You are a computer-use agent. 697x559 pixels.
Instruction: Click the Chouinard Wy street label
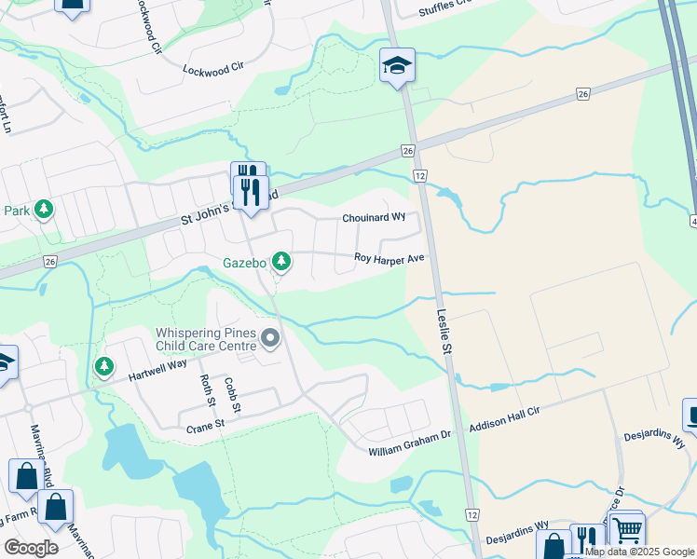[x=373, y=217]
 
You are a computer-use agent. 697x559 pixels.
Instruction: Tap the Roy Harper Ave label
[x=389, y=258]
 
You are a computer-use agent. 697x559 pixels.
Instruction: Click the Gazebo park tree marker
[x=280, y=262]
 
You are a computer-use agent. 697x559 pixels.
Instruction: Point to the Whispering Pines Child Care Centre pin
[x=270, y=337]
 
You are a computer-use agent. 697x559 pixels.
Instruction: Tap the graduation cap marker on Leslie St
[x=397, y=66]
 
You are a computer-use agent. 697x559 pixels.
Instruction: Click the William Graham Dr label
[x=409, y=450]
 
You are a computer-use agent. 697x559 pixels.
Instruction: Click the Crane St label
[x=206, y=425]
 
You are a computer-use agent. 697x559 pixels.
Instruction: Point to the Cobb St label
[x=234, y=395]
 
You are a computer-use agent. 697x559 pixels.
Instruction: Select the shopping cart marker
[x=627, y=529]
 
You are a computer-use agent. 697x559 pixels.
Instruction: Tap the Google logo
[x=32, y=548]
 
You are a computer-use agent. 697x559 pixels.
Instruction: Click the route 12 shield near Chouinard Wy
[x=421, y=175]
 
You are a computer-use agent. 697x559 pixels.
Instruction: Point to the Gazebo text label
[x=245, y=263]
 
